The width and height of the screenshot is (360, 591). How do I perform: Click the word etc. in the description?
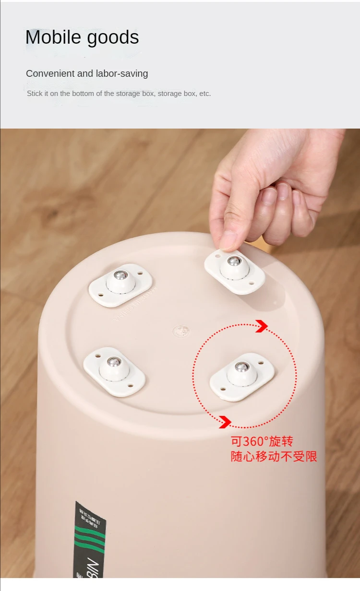tap(205, 94)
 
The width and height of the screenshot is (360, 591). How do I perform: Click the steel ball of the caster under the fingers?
tap(234, 261)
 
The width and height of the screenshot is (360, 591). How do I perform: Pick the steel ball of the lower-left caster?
tap(114, 362)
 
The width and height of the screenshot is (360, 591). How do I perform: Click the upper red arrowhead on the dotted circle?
tap(262, 326)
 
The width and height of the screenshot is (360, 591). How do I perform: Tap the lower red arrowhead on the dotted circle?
tap(225, 422)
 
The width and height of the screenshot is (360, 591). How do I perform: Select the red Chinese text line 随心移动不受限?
tap(274, 456)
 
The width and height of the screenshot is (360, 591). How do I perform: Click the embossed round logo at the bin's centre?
tap(181, 331)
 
